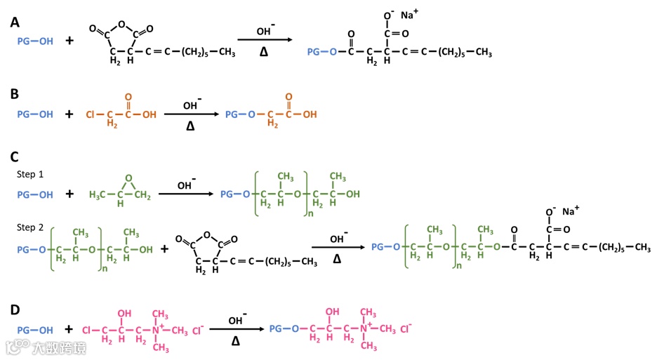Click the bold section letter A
pyautogui.click(x=14, y=23)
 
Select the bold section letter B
pyautogui.click(x=14, y=93)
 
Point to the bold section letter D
pyautogui.click(x=14, y=307)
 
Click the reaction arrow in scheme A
pyautogui.click(x=263, y=41)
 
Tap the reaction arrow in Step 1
pyautogui.click(x=185, y=194)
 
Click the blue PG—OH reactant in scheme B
pyautogui.click(x=34, y=114)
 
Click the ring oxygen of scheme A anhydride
pyautogui.click(x=121, y=25)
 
